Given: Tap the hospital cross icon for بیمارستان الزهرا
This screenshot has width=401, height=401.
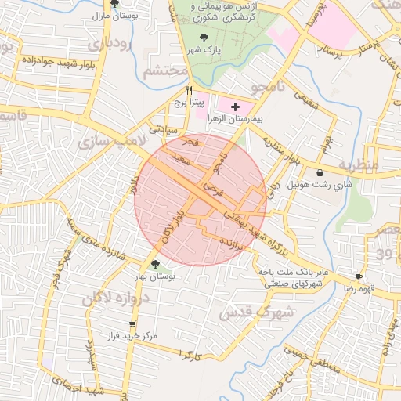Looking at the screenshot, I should (x=235, y=105).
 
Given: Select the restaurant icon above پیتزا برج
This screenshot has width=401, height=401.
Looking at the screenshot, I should (x=189, y=90).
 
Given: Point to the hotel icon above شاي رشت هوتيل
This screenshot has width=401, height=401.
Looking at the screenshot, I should (x=320, y=172).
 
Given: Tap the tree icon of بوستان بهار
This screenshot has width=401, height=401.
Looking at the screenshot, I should (x=156, y=264).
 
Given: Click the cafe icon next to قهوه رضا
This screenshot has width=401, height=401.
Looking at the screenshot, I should (x=359, y=276).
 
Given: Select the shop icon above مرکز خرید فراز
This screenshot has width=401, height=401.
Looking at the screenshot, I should (x=132, y=323).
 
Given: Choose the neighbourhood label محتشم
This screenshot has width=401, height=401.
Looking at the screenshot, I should (x=165, y=71).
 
